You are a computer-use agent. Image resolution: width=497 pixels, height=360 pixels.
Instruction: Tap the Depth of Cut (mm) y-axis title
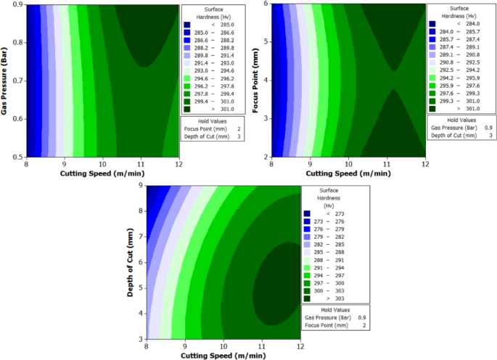pyautogui.click(x=129, y=261)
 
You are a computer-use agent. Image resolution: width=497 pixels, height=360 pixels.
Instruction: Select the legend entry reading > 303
pyautogui.click(x=331, y=298)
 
